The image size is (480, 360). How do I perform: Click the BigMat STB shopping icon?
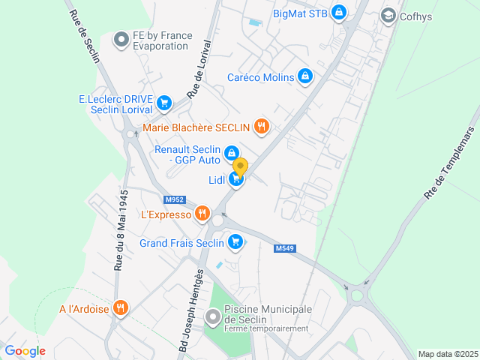[x=339, y=13]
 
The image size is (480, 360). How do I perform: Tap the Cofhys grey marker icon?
[x=388, y=15]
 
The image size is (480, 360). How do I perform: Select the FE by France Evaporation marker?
[x=121, y=40]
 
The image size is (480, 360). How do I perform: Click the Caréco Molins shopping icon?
[x=305, y=76]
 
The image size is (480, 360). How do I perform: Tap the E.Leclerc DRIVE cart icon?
[x=164, y=103]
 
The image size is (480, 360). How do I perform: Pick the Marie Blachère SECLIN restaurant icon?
[x=261, y=126]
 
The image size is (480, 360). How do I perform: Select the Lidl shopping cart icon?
[x=237, y=179]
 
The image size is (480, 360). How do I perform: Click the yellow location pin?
[x=240, y=166]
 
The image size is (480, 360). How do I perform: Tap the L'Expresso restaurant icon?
[x=202, y=214]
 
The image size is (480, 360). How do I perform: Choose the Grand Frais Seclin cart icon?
[x=235, y=242]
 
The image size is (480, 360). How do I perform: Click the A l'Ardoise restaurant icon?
[x=120, y=307]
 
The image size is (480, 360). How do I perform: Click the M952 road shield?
[x=175, y=199]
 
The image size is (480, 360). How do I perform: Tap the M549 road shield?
[x=284, y=248]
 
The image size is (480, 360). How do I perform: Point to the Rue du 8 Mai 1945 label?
[x=120, y=229]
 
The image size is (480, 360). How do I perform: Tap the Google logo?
[x=25, y=350]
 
